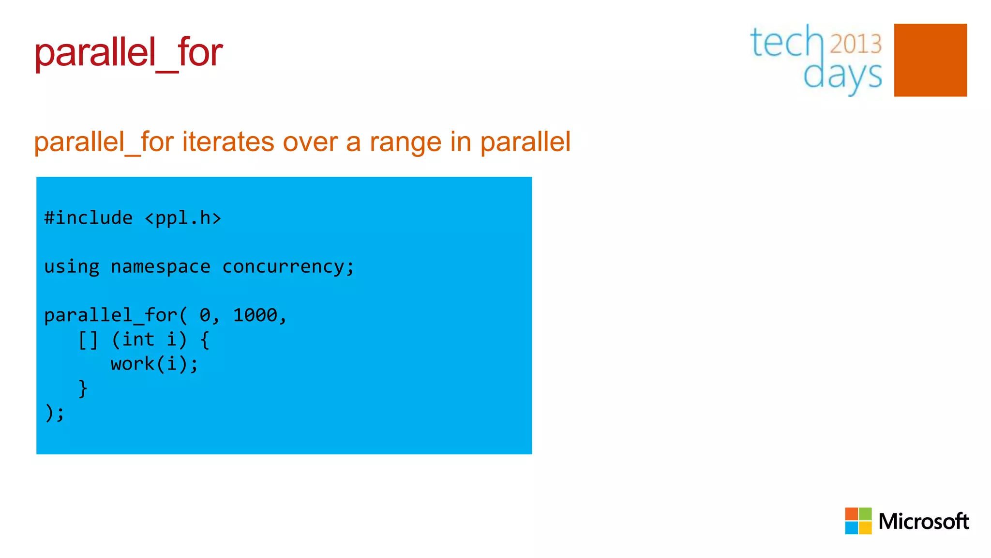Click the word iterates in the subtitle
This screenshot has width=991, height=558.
[x=228, y=142]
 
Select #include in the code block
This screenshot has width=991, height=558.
[x=88, y=218]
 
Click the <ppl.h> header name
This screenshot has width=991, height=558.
[x=183, y=218]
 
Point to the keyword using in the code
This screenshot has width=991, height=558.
[x=72, y=267]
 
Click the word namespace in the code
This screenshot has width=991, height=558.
[x=161, y=267]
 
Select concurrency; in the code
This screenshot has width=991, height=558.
[x=288, y=267]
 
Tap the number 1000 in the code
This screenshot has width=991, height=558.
[x=255, y=315]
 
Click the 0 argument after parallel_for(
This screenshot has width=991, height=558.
[x=205, y=315]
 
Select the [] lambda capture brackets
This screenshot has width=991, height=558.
[x=88, y=340]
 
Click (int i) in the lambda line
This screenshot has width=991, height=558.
[x=149, y=340]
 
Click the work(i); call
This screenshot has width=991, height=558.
[x=154, y=364]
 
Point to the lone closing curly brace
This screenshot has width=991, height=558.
[x=83, y=388]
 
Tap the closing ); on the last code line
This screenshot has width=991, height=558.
[x=54, y=413]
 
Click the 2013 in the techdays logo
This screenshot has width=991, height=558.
[x=856, y=44]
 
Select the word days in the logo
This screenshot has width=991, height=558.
[x=842, y=76]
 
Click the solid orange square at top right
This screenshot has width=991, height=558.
[x=930, y=60]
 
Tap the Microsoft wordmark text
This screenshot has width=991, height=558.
[x=923, y=522]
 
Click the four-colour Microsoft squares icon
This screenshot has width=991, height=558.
[x=858, y=521]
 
